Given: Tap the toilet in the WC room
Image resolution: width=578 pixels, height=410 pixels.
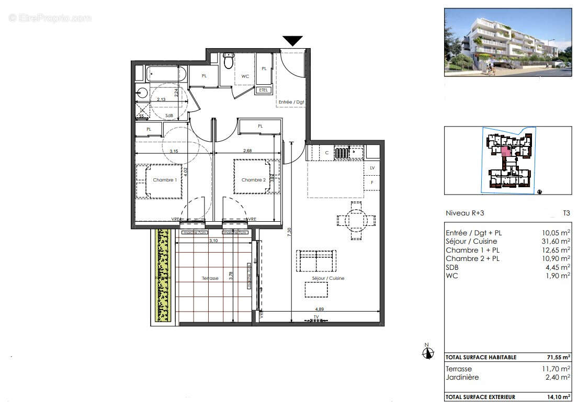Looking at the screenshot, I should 228,61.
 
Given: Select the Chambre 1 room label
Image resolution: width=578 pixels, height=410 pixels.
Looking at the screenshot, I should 164,180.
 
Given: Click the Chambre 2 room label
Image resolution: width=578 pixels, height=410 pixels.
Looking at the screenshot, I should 253,180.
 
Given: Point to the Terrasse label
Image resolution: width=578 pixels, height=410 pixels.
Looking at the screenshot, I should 210,278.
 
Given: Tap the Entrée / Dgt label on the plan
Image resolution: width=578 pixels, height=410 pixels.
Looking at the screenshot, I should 291,102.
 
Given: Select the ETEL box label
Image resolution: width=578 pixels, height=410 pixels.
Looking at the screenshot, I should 263,90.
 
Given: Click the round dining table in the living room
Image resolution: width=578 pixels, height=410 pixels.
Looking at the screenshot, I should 356,220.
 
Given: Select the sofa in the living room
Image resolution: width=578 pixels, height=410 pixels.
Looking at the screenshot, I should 315,260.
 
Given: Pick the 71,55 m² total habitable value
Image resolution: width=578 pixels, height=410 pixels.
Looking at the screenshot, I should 557,357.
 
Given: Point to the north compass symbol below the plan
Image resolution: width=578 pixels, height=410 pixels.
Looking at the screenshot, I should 428,352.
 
